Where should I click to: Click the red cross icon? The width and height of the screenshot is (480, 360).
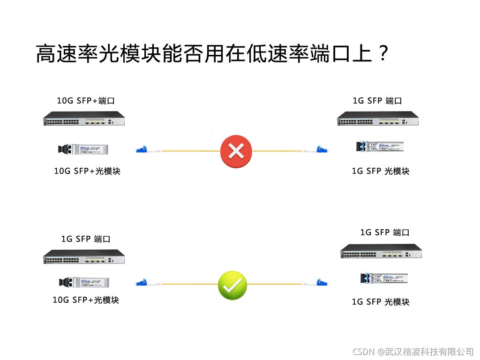(x=236, y=151)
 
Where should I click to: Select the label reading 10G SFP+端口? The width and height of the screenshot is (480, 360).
(x=86, y=101)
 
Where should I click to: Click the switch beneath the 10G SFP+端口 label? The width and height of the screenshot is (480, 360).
(x=84, y=119)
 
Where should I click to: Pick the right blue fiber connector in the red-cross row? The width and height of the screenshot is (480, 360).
(x=321, y=150)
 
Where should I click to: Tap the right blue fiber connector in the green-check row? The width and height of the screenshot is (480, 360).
(x=322, y=283)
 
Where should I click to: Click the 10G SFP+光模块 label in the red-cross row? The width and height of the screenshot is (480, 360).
(x=87, y=171)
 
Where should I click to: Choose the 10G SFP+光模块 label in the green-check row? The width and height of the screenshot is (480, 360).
(x=86, y=300)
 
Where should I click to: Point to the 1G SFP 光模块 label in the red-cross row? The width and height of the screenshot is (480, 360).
(x=381, y=171)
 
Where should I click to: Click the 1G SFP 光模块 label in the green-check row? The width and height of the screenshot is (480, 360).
(x=381, y=302)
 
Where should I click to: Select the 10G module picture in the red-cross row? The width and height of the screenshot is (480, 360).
(x=80, y=150)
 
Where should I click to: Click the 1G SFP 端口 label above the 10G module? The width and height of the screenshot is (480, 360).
(x=86, y=239)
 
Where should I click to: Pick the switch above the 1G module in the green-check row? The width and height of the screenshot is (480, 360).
(x=381, y=252)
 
